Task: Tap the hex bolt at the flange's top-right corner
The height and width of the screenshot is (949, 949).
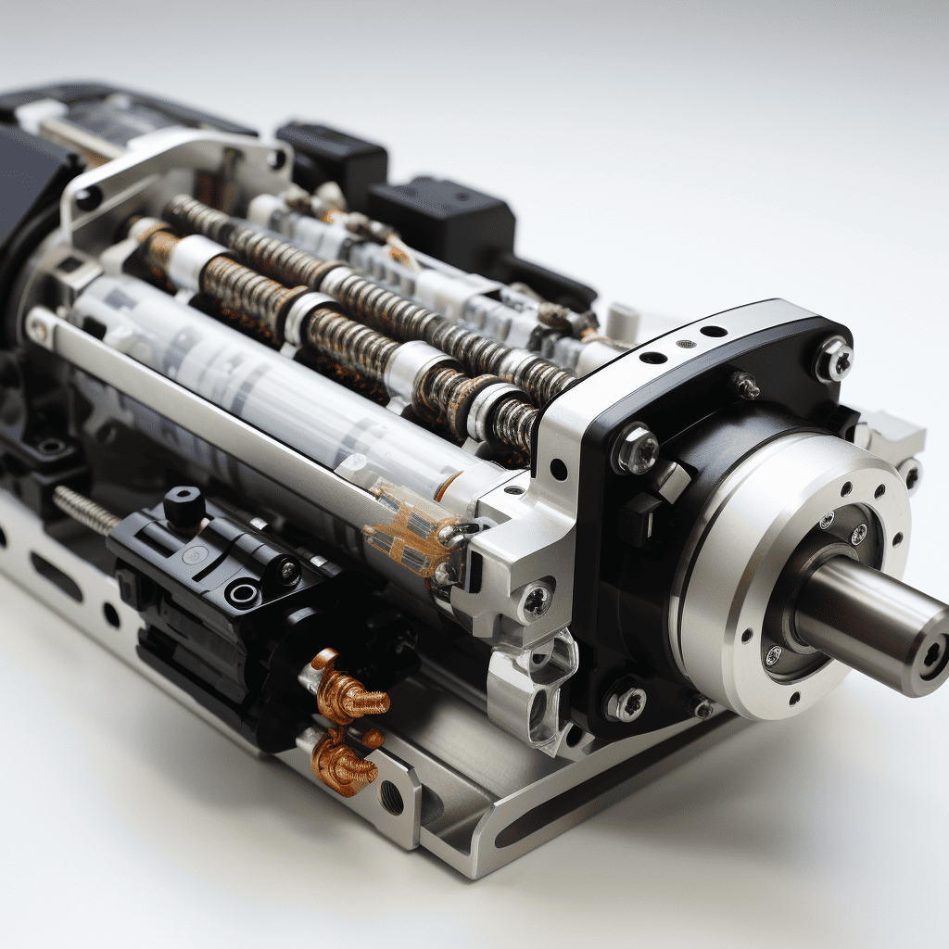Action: pyautogui.click(x=833, y=359)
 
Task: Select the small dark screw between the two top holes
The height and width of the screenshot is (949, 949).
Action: pyautogui.click(x=684, y=344)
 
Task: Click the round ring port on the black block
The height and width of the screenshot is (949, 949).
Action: pyautogui.click(x=243, y=592)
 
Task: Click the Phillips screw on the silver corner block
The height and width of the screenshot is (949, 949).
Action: pyautogui.click(x=536, y=601)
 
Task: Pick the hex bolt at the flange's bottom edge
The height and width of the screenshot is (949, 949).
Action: pyautogui.click(x=626, y=702)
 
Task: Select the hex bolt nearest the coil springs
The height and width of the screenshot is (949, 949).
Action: pyautogui.click(x=637, y=450)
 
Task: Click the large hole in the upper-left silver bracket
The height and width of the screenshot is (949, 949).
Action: pyautogui.click(x=88, y=197)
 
